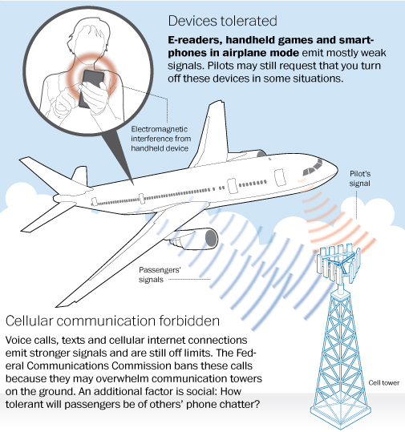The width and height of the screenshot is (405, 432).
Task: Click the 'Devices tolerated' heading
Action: click(222, 21)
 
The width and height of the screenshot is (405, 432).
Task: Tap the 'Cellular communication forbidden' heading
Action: click(112, 321)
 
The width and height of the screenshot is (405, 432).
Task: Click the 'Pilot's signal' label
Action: click(360, 179)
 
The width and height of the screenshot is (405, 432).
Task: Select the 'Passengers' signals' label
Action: click(160, 275)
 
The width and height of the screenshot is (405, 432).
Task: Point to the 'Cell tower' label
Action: click(384, 382)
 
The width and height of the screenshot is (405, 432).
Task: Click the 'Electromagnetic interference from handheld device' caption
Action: click(160, 139)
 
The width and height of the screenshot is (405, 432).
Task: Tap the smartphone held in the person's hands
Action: click(90, 89)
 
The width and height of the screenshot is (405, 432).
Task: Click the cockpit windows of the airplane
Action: click(313, 167)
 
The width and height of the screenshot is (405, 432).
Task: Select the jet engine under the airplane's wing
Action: click(195, 237)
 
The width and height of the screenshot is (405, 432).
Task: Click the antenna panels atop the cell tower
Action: click(338, 263)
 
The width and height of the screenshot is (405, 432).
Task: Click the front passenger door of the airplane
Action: click(279, 177)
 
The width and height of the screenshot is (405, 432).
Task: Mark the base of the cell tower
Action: click(338, 414)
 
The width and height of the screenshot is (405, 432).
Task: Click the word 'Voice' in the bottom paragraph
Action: click(18, 341)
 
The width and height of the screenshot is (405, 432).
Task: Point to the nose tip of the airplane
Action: click(337, 168)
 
